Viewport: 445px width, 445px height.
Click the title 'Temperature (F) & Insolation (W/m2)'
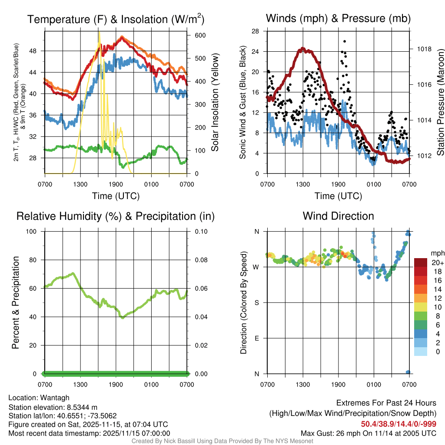116,19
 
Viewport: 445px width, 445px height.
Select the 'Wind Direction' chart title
338,216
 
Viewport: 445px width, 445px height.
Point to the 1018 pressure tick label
424,49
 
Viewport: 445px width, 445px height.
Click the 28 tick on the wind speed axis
256,31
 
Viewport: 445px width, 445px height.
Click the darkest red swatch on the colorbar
421,262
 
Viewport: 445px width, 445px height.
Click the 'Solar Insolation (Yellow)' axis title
215,103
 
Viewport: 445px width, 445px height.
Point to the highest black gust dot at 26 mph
345,41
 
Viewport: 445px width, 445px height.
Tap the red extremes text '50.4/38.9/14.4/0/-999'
399,424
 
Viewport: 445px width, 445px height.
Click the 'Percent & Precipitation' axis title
15,302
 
